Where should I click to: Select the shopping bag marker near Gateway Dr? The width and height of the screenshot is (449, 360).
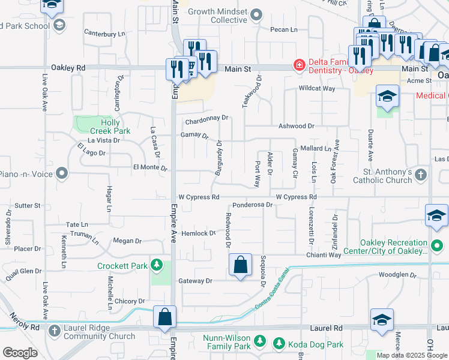pyautogui.click(x=240, y=265)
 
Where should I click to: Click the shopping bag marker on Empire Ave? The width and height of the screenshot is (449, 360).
pyautogui.click(x=164, y=317)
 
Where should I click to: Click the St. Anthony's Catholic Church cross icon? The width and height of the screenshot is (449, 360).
pyautogui.click(x=421, y=175)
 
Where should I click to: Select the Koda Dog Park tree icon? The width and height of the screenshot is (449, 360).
pyautogui.click(x=279, y=343)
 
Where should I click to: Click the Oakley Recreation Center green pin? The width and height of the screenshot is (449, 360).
pyautogui.click(x=436, y=246)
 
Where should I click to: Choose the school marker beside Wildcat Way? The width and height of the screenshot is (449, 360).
pyautogui.click(x=387, y=96)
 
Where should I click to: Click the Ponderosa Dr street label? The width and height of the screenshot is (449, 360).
pyautogui.click(x=253, y=205)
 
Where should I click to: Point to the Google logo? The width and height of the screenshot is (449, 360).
pyautogui.click(x=20, y=353)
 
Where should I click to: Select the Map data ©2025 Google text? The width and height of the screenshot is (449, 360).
pyautogui.click(x=412, y=355)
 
